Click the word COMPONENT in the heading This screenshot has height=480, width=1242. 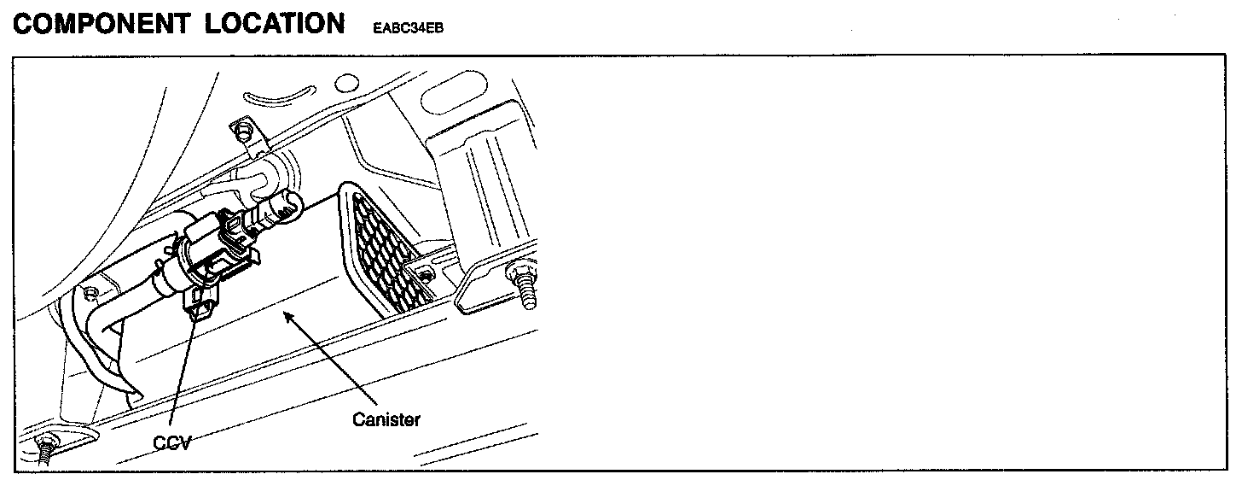pos(102,23)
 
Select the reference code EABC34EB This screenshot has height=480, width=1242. pos(408,27)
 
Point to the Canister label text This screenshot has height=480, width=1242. pos(386,419)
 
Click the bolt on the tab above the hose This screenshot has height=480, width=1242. pos(246,132)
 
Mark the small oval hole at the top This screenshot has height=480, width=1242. pos(345,83)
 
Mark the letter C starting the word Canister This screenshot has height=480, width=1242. pos(358,419)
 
